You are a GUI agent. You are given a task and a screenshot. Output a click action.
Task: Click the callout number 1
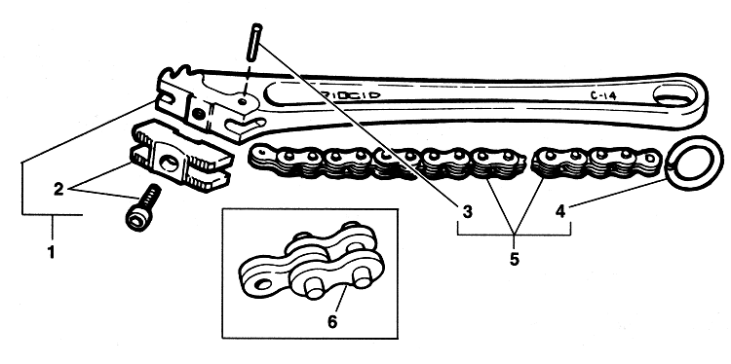[x=52, y=252]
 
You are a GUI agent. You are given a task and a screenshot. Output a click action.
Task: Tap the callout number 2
[x=58, y=190]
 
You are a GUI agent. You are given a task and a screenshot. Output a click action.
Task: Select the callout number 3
[x=468, y=212]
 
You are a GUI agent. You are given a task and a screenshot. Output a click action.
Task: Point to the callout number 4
[x=560, y=212]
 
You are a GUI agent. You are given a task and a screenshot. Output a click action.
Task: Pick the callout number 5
[x=514, y=259]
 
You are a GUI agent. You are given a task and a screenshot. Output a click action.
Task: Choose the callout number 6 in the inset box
[x=332, y=321]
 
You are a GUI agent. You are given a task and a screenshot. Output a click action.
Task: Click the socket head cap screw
[x=142, y=207]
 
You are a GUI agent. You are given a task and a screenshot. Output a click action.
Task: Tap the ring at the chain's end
[x=695, y=163]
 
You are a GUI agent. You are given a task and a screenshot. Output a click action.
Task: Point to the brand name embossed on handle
[x=351, y=93]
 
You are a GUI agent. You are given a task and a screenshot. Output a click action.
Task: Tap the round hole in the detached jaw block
[x=170, y=163]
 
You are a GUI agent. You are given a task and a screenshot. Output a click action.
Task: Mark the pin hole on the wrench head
[x=242, y=101]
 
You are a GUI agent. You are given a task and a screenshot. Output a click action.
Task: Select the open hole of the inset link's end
[x=264, y=282]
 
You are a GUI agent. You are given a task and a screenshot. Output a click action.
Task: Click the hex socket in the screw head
[x=136, y=221]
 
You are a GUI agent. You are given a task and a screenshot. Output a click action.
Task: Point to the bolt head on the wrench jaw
[x=199, y=113]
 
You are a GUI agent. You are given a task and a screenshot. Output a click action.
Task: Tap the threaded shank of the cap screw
[x=151, y=197]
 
